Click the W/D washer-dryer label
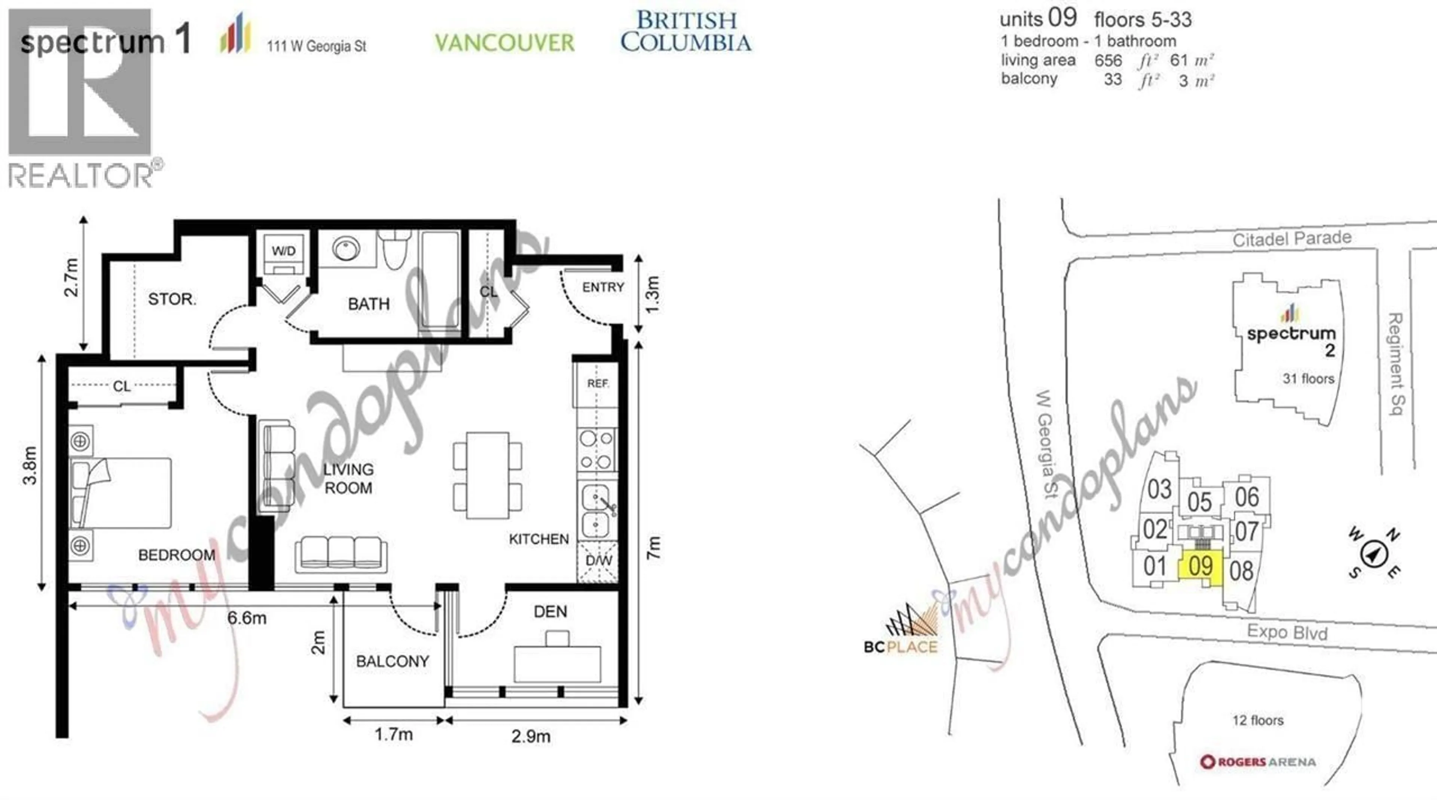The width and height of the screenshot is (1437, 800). click(283, 251)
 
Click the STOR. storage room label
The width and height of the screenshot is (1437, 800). click(172, 299)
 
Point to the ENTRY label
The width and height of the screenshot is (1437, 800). click(603, 287)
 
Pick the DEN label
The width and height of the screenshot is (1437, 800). click(550, 612)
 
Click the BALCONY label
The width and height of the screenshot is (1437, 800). click(392, 661)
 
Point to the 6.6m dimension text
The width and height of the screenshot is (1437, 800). click(247, 618)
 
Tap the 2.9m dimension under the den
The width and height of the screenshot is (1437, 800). click(531, 736)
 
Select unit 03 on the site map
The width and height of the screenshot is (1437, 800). click(1159, 490)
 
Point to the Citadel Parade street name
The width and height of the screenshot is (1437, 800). click(1292, 239)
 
